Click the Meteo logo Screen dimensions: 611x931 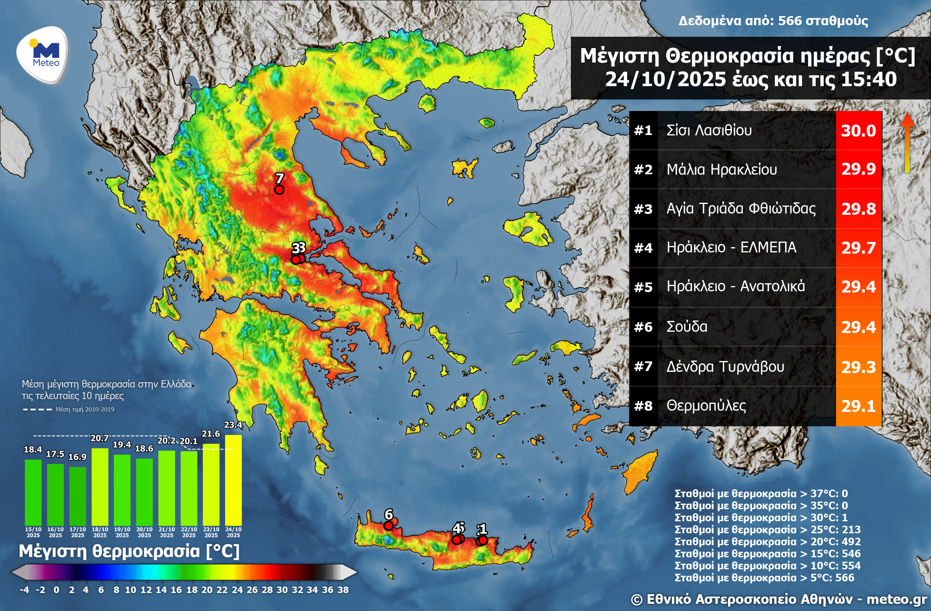pos(43,55)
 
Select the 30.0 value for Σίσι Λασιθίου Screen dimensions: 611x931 pos(858,131)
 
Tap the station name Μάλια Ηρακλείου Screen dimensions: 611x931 pos(721,169)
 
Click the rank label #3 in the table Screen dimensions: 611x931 pos(643,209)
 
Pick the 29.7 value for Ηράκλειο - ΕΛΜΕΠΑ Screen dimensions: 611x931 pos(858,248)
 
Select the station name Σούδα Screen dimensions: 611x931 pos(686,327)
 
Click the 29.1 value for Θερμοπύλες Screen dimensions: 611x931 pos(858,406)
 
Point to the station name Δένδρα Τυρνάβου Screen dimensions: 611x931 pos(725,366)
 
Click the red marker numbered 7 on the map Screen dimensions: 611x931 pos(279,190)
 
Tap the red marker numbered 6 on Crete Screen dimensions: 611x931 pos(388,526)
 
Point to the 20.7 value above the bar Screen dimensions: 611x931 pos(99,438)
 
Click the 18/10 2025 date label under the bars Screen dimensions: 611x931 pos(100,532)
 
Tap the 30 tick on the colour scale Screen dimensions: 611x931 pos(282,590)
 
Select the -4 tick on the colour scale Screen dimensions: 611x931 pos(24,590)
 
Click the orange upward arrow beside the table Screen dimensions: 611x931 pos(907,142)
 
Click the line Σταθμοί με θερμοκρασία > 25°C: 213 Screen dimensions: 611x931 pos(767,530)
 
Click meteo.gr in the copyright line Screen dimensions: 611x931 pos(896,599)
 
